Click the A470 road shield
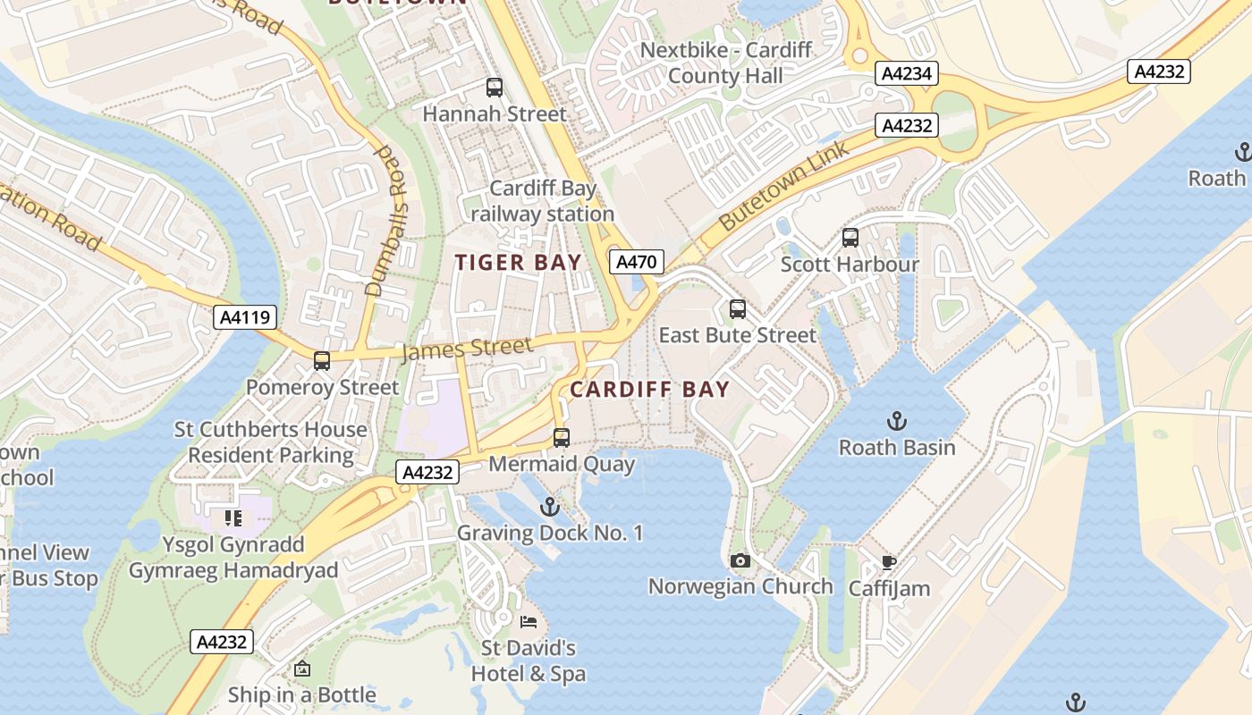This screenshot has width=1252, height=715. (637, 262)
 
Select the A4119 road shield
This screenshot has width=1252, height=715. (245, 316)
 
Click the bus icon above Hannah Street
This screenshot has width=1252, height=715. (494, 88)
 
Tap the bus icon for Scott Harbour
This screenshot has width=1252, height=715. (850, 238)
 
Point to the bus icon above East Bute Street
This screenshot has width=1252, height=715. (737, 309)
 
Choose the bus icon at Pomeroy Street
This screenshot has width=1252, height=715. (322, 361)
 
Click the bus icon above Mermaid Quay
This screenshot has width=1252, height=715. (562, 438)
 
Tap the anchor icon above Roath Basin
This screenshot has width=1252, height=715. (896, 420)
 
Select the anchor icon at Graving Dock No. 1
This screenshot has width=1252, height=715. (550, 507)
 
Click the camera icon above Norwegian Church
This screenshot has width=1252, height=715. (740, 560)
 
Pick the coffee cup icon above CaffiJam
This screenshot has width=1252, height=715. (888, 562)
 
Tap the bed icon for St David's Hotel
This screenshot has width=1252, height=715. (529, 621)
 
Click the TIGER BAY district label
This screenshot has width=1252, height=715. (518, 262)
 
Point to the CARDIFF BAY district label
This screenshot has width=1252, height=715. (649, 390)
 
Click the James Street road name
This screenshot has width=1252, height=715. (467, 348)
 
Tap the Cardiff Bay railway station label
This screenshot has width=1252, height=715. (542, 201)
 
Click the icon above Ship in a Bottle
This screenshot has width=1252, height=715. (302, 669)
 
